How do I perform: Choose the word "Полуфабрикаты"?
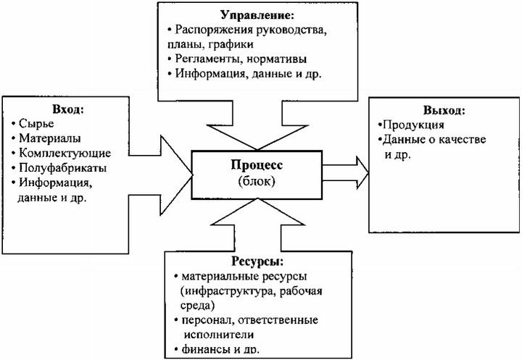63,167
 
